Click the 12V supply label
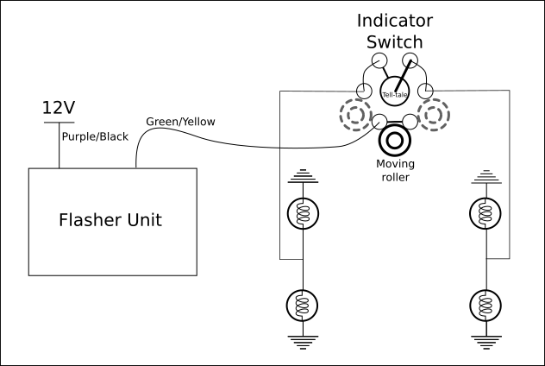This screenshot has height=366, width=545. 59,108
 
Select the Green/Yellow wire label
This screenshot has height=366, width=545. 180,122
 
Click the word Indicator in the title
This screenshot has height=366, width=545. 396,20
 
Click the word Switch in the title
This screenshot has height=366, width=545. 396,41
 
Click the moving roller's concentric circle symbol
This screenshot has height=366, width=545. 397,140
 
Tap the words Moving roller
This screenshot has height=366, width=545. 397,170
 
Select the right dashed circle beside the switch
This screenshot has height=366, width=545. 433,114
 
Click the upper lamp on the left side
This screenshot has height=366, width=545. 303,215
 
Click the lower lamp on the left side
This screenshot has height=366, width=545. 303,305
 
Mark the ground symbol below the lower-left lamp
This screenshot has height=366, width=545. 303,339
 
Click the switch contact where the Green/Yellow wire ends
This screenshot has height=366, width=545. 380,121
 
